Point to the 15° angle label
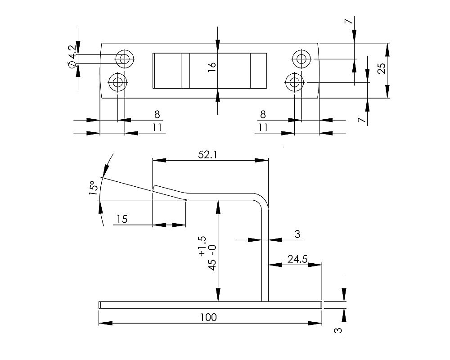[92, 188]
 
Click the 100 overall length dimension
[209, 317]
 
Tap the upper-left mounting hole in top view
[125, 58]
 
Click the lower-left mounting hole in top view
[118, 82]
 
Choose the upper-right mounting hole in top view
[301, 58]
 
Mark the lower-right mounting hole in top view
[294, 82]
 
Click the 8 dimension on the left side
[157, 114]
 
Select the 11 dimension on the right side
[263, 127]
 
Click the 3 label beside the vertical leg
[297, 234]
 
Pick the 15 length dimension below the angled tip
[121, 219]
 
